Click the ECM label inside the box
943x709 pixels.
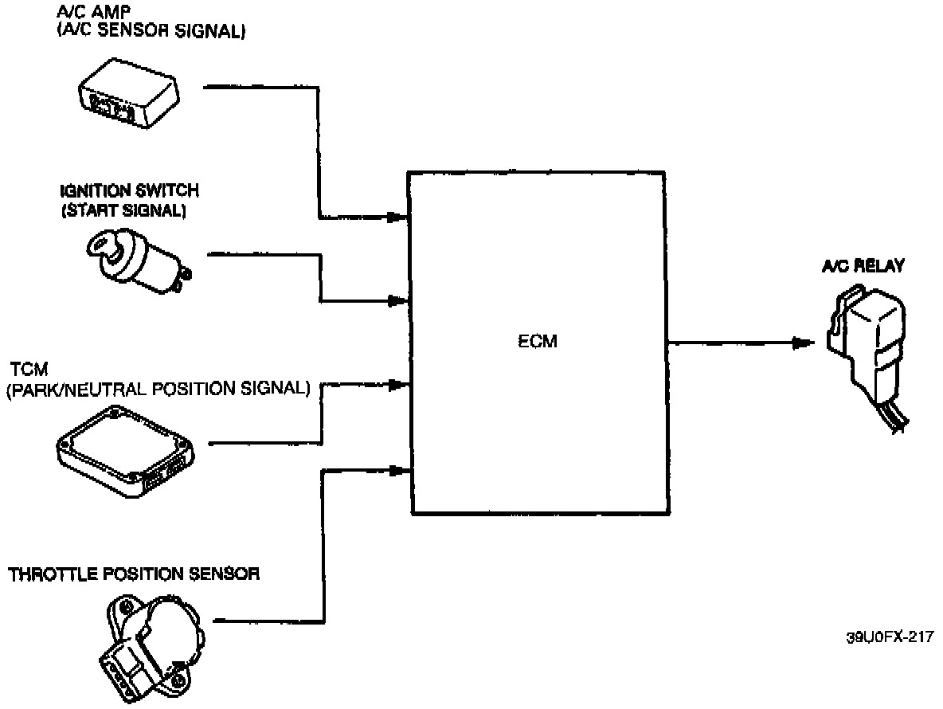click(537, 343)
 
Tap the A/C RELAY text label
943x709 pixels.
click(863, 267)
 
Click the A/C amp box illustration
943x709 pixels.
click(130, 95)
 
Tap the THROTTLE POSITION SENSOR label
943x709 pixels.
click(134, 574)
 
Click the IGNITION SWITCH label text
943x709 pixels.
click(129, 192)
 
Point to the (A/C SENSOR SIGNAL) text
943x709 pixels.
click(151, 33)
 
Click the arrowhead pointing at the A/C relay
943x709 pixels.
click(802, 343)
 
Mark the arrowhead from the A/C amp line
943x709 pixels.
click(396, 217)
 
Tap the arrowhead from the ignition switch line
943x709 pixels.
click(396, 301)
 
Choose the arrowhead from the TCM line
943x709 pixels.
click(396, 384)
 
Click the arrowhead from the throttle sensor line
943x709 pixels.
click(396, 471)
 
